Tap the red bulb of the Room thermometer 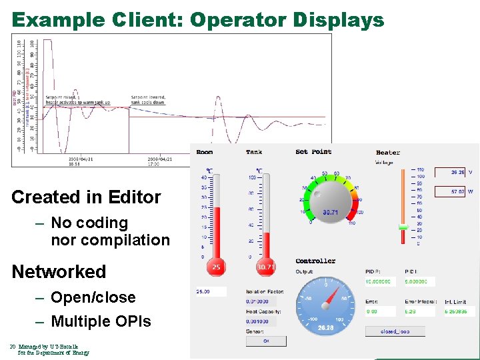[216, 267]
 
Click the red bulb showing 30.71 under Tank [266, 267]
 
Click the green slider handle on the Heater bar [403, 227]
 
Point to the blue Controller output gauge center [325, 305]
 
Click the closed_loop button [395, 331]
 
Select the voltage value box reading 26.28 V [449, 172]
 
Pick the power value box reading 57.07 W [449, 191]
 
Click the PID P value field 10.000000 [381, 282]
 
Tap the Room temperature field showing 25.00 [211, 291]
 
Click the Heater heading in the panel [388, 153]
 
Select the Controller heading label [315, 261]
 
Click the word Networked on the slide [59, 271]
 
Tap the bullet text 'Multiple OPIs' [101, 321]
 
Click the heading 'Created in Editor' [86, 197]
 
